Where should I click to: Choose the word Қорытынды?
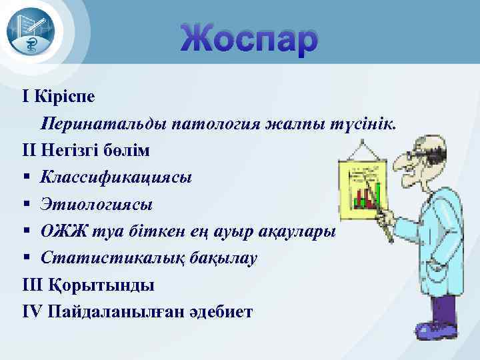coord(102,285)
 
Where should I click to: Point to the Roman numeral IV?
coord(31,311)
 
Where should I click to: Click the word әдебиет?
coord(227,311)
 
